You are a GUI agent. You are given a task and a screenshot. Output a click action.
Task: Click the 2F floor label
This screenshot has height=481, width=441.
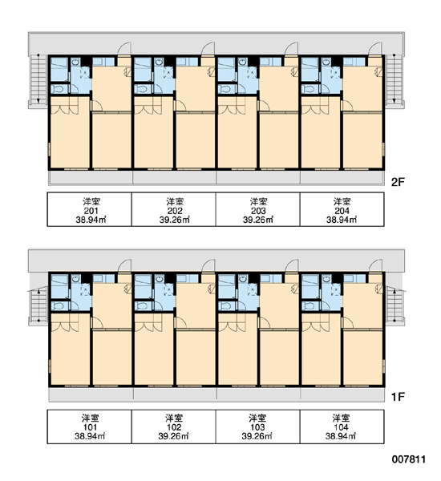398,182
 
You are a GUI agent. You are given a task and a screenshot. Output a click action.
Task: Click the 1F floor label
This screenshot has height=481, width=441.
398,397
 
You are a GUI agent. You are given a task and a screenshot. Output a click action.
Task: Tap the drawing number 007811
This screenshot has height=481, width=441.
409,459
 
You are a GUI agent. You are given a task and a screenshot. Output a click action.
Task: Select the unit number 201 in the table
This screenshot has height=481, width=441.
91,211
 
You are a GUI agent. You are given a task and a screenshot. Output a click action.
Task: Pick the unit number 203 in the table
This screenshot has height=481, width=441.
258,211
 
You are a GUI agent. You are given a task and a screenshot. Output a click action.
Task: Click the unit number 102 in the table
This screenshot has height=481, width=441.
174,427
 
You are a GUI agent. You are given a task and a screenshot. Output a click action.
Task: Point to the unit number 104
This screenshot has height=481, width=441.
342,427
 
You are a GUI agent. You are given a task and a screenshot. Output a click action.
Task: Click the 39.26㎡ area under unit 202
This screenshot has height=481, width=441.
174,220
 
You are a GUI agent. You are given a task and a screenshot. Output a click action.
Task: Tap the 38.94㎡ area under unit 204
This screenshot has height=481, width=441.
342,220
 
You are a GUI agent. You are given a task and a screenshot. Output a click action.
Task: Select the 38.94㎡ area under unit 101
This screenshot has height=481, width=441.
90,436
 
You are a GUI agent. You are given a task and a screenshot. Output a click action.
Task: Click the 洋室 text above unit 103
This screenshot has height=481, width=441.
257,418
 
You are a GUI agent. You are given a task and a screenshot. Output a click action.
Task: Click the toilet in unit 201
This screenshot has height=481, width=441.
59,89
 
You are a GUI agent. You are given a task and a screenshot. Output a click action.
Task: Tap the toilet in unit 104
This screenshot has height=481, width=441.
310,306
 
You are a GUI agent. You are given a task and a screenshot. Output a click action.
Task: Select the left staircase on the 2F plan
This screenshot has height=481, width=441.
38,79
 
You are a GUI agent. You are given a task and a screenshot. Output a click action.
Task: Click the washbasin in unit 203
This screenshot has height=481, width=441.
243,63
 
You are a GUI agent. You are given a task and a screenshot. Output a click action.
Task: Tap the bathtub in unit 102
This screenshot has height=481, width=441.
143,285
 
